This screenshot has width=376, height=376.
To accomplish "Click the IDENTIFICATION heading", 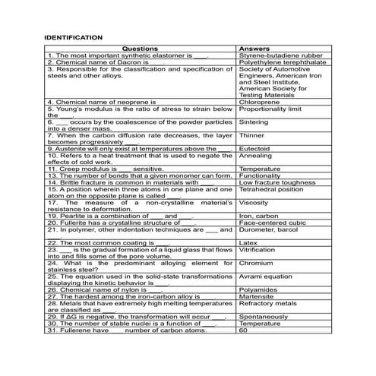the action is pos(74,36).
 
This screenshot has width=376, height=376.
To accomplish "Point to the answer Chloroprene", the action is pos(258,101).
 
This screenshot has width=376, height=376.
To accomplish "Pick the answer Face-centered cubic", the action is pos(273,223).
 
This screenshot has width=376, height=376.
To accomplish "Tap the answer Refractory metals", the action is pos(268,303).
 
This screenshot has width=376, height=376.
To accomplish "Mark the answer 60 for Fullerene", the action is pos(244,330).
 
